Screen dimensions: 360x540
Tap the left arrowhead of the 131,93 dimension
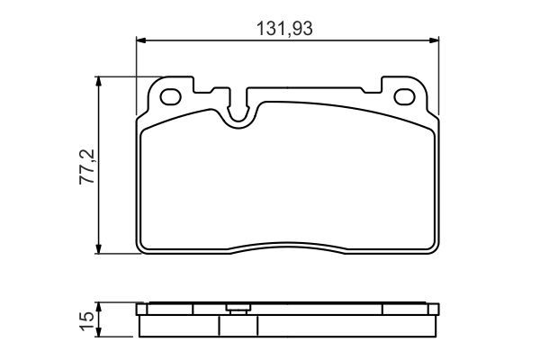pos(140,40)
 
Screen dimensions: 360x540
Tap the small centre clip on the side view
pos(238,310)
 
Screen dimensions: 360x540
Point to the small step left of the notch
pos(216,91)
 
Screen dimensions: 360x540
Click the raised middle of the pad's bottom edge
pos(287,245)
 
